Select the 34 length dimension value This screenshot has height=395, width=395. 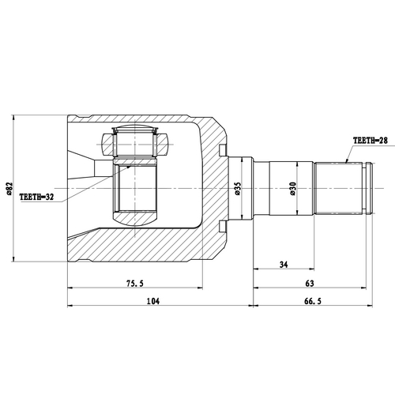click(284, 264)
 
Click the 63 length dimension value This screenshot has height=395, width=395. click(308, 283)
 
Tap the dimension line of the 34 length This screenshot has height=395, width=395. click(284, 270)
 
